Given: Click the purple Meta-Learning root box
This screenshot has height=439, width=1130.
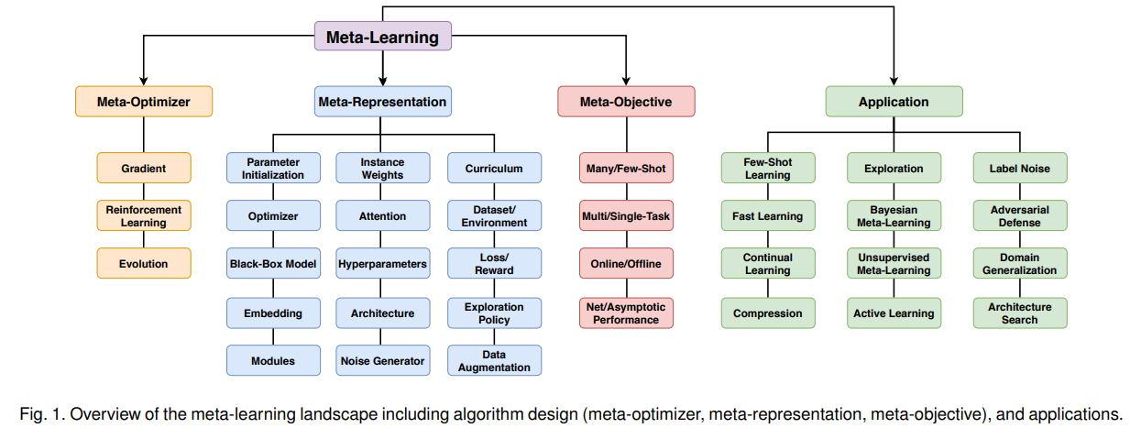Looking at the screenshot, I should [x=382, y=38].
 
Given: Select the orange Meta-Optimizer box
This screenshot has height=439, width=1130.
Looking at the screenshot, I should [x=144, y=102].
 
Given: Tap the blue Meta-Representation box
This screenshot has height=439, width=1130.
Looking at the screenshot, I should [x=382, y=102].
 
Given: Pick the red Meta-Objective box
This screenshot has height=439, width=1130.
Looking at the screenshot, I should [x=626, y=102].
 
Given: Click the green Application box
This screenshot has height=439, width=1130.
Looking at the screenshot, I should [x=894, y=102].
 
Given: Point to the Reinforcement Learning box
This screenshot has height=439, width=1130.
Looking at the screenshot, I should [x=144, y=216].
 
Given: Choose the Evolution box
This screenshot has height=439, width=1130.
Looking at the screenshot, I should [x=144, y=264].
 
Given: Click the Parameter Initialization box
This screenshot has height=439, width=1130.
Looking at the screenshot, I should [x=273, y=169].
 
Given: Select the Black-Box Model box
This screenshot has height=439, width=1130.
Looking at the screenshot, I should [x=273, y=264].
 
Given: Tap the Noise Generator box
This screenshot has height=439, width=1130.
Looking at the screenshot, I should [x=383, y=360].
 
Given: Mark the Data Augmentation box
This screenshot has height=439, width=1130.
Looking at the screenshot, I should [x=494, y=360].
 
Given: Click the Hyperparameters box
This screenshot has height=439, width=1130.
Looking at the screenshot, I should [x=383, y=264].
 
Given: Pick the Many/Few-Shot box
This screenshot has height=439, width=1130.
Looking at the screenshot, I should [x=626, y=169].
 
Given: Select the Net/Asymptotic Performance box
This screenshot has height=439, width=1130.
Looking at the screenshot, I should [x=626, y=313].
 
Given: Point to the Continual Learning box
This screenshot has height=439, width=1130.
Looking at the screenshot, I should [x=768, y=264].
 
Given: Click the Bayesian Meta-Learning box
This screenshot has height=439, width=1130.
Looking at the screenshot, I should [x=894, y=216].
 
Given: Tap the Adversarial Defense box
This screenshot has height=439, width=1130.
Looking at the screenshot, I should [x=1020, y=216].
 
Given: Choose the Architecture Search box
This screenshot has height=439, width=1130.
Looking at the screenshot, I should [x=1020, y=313].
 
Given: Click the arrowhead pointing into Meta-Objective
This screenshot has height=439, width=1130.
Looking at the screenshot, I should [x=626, y=81].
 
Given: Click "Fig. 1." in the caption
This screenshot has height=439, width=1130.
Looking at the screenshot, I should [x=40, y=414].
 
